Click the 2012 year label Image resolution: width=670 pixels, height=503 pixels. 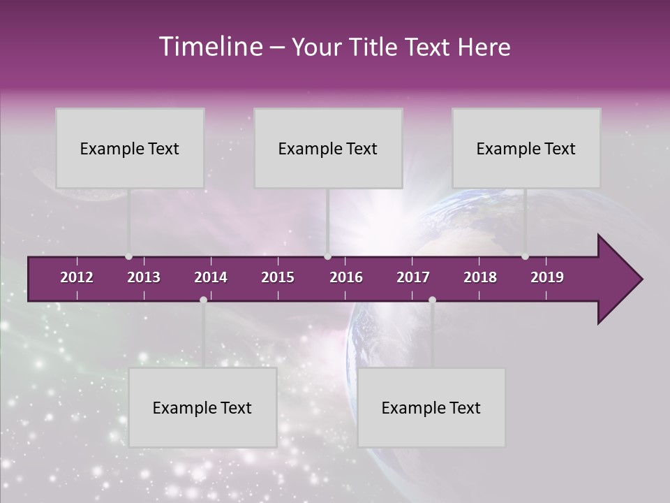click(77, 277)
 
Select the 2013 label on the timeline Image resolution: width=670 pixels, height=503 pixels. click(144, 277)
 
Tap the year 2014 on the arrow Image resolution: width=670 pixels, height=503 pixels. click(211, 277)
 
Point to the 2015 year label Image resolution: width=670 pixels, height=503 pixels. click(278, 277)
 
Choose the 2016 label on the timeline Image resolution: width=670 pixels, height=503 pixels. click(346, 277)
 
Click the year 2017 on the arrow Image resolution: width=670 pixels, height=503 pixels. click(413, 277)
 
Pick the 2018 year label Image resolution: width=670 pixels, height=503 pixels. click(480, 277)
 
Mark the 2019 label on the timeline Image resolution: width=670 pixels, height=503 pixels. click(547, 277)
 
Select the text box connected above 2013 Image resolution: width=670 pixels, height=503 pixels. click(130, 148)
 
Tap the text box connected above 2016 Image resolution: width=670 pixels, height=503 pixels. click(328, 148)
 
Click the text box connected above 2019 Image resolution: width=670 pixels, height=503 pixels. click(526, 148)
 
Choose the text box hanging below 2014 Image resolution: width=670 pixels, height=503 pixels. click(202, 407)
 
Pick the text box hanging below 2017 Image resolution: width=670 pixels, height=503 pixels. click(431, 407)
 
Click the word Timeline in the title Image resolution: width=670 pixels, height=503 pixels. click(209, 47)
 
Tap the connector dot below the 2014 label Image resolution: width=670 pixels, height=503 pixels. click(203, 300)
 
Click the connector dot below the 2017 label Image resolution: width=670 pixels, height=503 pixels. click(432, 300)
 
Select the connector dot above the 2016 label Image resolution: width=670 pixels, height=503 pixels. click(327, 256)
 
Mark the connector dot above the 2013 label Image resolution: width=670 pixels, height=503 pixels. click(128, 256)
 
